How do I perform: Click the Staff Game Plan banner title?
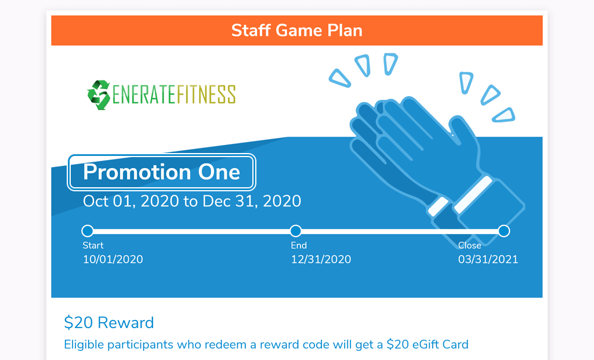click(x=296, y=30)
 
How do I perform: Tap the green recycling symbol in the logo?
click(x=99, y=94)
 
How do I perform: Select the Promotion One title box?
click(x=162, y=172)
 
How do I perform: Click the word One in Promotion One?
click(x=219, y=172)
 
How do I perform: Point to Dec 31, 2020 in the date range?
click(x=252, y=201)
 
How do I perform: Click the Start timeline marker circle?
click(x=88, y=231)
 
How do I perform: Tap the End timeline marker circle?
click(x=296, y=231)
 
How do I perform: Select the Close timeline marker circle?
click(x=504, y=231)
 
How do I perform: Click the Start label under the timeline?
click(x=93, y=245)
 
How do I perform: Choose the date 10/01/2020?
click(x=113, y=259)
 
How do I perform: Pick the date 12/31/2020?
click(x=321, y=259)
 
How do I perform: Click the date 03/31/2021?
click(x=488, y=259)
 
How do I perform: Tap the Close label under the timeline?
click(x=470, y=245)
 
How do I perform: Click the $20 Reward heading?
click(x=109, y=322)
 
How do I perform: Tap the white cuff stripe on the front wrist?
click(x=473, y=194)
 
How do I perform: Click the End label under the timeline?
click(x=299, y=245)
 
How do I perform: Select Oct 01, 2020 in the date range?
click(x=131, y=201)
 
